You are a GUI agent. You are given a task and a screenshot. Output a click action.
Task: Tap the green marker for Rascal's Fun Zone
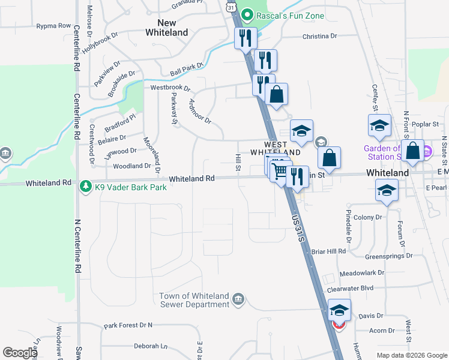[x=246, y=15]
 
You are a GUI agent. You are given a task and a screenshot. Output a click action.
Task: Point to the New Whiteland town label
[x=167, y=28]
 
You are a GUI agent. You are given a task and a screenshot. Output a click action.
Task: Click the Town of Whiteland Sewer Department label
[x=194, y=300]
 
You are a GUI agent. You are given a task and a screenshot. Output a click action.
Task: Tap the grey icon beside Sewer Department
[x=238, y=299]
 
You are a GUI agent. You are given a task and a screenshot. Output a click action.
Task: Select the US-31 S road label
[x=298, y=229]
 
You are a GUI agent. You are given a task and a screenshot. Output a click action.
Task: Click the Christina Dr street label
[x=319, y=36]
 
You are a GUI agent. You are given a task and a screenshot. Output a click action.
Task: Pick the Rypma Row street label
[x=53, y=26]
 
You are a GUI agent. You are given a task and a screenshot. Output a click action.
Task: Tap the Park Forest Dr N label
[x=128, y=325]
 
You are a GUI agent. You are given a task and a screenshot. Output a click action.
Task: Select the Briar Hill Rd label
[x=328, y=251]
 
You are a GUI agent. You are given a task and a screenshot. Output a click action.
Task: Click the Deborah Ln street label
[x=150, y=346]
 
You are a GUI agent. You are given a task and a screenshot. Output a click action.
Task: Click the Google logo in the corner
[x=20, y=353]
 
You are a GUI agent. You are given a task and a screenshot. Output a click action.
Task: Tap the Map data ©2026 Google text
[x=411, y=355]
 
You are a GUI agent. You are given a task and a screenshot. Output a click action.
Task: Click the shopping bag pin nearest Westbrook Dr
[x=276, y=94]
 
